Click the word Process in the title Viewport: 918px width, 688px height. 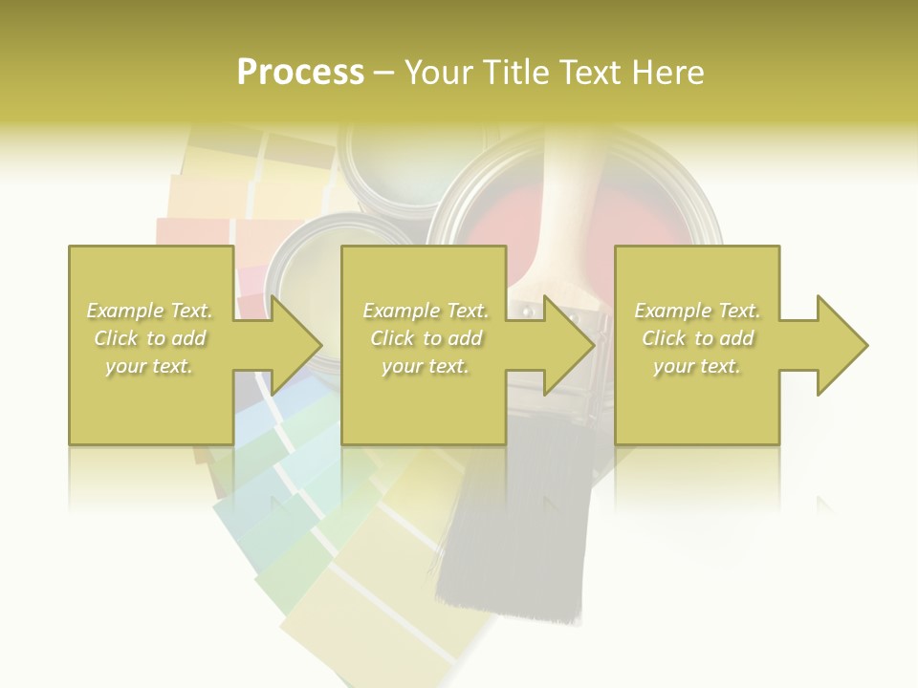300,73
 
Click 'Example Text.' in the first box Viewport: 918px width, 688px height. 150,311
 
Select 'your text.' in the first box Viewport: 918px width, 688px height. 150,366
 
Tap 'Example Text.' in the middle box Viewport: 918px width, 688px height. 426,311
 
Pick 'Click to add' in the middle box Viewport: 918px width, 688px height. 426,338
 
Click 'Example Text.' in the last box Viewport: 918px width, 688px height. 697,311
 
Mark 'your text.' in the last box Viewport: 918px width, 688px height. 697,366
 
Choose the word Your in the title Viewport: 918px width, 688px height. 436,73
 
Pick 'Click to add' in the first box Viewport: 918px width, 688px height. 150,338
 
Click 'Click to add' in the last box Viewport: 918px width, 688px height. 697,338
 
